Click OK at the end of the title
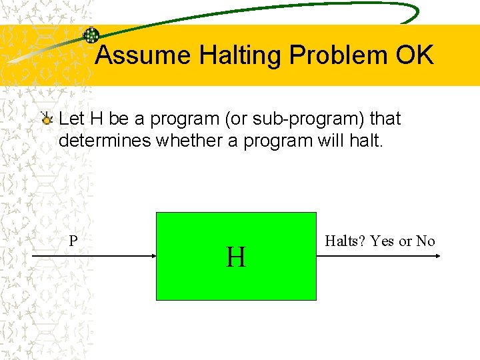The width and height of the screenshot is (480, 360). pos(414,55)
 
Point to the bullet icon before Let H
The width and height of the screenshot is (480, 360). pos(46,119)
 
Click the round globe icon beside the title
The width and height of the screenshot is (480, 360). pos(91,36)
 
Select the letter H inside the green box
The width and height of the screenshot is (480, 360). pos(235,257)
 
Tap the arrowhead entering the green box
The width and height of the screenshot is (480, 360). pos(152,256)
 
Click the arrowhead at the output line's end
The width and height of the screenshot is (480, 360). pos(437,256)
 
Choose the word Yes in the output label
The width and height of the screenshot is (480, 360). pos(382,241)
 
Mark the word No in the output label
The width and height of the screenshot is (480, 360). pos(425,241)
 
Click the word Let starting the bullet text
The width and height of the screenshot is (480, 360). pos(71,119)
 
